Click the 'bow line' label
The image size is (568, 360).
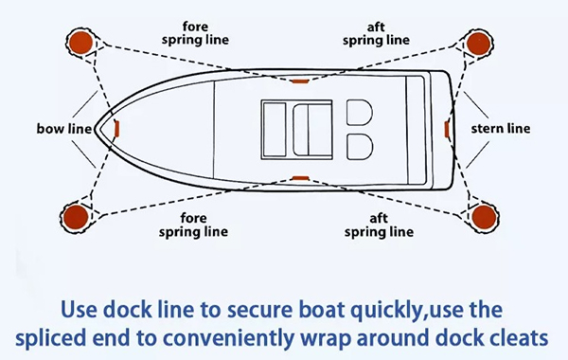click(x=63, y=128)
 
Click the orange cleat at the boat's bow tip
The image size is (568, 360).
click(x=115, y=127)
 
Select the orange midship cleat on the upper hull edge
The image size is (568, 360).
click(x=300, y=81)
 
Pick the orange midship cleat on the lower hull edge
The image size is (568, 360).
click(x=300, y=176)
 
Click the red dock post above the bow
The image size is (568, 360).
click(x=78, y=41)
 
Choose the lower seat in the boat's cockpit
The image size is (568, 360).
click(x=360, y=144)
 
